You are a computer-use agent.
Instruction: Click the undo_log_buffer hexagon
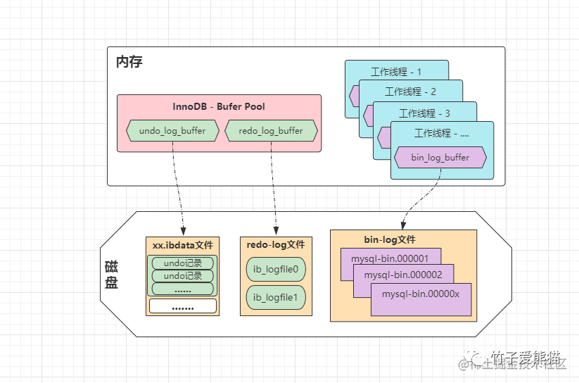click(172, 131)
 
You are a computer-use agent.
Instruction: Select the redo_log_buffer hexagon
click(271, 131)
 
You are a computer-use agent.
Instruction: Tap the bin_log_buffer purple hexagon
click(440, 158)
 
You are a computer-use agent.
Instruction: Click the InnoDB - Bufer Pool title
click(219, 107)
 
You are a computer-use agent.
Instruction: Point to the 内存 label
click(129, 62)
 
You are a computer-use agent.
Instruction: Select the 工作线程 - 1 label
click(396, 72)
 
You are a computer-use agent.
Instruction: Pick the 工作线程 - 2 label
click(411, 92)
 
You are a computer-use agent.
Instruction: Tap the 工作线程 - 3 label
click(424, 113)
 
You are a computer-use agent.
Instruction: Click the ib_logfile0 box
click(276, 270)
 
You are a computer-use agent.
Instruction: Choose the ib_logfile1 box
click(276, 298)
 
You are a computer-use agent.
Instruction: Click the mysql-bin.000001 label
click(395, 258)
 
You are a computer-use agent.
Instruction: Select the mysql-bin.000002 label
click(408, 275)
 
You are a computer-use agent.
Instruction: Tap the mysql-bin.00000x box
click(421, 294)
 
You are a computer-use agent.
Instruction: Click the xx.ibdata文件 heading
click(182, 245)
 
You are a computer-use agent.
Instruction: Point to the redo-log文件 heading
click(276, 244)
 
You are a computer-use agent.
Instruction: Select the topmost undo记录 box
click(182, 263)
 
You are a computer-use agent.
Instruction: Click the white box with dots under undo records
click(182, 306)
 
